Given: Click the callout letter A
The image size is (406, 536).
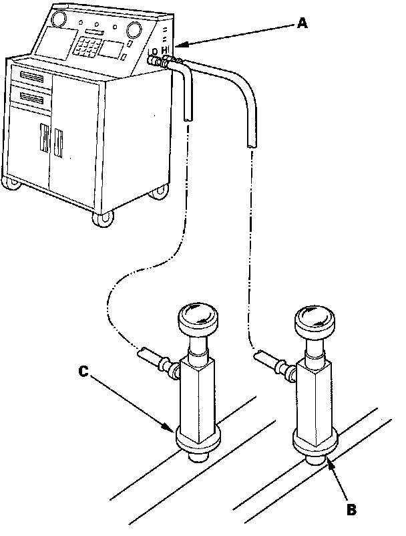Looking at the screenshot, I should point(302,24).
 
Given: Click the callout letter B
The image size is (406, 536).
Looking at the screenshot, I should point(351,509).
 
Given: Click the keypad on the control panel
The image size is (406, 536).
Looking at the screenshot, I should point(87,47).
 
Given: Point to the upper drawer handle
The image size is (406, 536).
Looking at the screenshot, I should point(31,78).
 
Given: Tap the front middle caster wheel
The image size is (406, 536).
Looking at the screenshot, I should point(101,219).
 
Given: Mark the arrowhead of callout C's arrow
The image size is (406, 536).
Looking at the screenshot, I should point(173,429).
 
